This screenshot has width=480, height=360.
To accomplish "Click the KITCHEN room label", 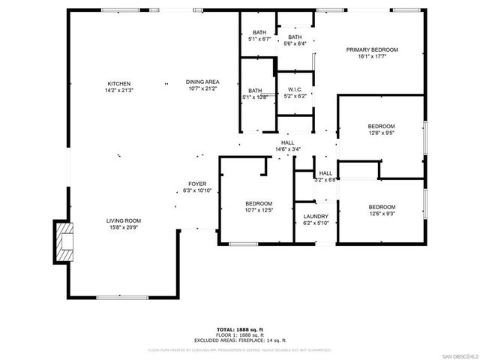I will (118, 83).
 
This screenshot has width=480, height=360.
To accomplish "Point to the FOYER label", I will (197, 184).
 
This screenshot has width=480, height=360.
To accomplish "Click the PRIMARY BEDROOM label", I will (371, 49).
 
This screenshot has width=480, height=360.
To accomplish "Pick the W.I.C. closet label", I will (294, 89).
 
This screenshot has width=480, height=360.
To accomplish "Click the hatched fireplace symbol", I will (64, 241).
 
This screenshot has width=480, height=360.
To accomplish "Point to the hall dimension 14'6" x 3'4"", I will (288, 149).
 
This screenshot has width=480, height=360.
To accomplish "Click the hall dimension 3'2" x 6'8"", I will (325, 180).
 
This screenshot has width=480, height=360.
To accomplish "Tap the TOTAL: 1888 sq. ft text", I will (240, 329).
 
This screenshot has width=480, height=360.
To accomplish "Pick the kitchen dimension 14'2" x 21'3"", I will (118, 90).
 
